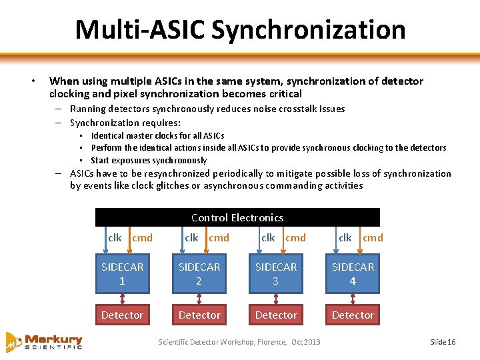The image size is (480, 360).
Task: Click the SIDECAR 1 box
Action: click(122, 273)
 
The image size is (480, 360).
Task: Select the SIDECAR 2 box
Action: click(199, 273)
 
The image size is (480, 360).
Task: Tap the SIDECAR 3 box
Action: click(276, 273)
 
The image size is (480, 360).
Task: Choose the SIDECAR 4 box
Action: click(353, 273)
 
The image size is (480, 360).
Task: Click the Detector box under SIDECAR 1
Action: click(122, 315)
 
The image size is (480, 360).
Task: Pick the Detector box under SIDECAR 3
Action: click(276, 315)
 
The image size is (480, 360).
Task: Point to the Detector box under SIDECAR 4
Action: click(353, 315)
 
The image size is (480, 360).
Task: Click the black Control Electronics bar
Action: click(237, 217)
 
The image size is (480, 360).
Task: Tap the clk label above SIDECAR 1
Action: click(115, 237)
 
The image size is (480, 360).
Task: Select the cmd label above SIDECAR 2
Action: click(219, 237)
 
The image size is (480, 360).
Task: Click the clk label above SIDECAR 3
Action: click(268, 237)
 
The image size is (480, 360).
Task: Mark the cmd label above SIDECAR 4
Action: click(373, 237)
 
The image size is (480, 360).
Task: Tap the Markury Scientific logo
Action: click(45, 341)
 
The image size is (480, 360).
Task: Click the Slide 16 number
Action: click(443, 342)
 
